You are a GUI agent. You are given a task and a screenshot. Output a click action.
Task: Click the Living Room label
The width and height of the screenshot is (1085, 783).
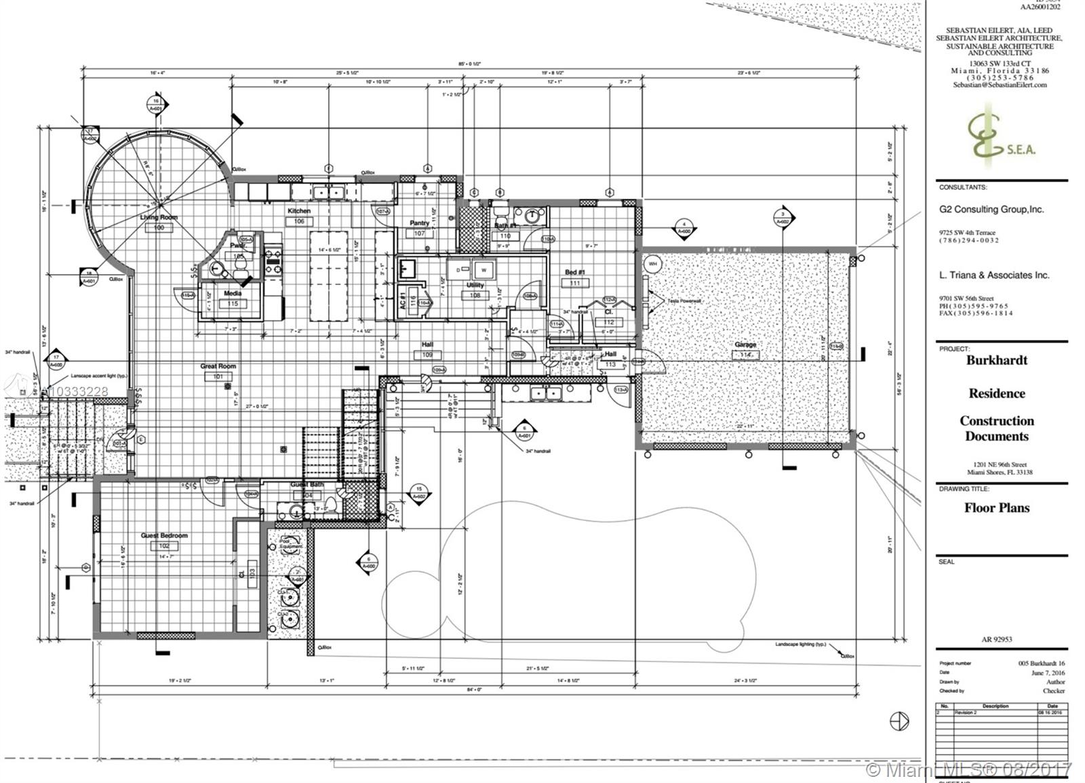(x=159, y=217)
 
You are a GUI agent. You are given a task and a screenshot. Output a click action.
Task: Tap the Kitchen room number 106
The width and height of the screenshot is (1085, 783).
(x=299, y=221)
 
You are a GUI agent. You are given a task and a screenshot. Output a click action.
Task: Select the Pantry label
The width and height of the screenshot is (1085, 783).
(x=419, y=223)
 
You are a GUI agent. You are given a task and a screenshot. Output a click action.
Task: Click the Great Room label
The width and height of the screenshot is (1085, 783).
(x=218, y=366)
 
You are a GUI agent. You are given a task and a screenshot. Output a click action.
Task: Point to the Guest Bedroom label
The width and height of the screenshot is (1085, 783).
(x=164, y=535)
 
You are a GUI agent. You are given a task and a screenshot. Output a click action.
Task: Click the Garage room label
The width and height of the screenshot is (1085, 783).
(x=745, y=345)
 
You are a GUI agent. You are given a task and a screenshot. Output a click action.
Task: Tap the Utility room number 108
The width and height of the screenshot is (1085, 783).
(x=475, y=295)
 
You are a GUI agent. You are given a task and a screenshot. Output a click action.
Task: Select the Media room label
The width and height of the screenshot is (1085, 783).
(x=233, y=294)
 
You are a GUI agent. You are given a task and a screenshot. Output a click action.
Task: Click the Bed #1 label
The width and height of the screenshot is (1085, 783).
(x=574, y=273)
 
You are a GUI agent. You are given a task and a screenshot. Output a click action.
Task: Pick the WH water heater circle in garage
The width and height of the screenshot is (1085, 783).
(x=652, y=263)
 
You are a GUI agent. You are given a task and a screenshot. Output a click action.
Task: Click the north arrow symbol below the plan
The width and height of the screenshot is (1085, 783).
(x=899, y=721)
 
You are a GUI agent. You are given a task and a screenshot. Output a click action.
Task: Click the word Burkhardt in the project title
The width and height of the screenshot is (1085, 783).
(x=996, y=360)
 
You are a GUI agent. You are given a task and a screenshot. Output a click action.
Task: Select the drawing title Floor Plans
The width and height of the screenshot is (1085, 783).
(x=996, y=508)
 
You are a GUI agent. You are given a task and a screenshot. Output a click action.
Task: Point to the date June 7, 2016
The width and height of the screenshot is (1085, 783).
(x=1048, y=673)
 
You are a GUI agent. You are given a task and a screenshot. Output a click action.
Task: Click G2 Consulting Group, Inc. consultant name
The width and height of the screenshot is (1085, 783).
(x=991, y=210)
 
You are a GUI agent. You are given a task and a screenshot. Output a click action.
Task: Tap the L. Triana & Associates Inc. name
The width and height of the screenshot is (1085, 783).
(x=993, y=275)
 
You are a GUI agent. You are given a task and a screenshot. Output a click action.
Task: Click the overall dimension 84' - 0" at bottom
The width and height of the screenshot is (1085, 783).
(x=474, y=689)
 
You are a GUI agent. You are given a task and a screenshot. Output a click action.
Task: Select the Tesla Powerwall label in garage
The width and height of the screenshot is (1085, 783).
(x=683, y=300)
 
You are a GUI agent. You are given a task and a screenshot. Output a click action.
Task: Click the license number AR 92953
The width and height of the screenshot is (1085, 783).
(x=996, y=639)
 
